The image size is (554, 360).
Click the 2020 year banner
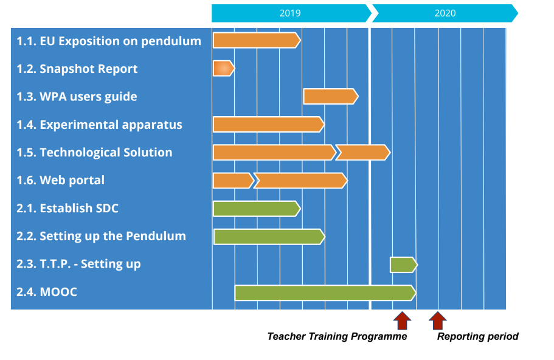click(445, 13)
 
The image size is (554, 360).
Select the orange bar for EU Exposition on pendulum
click(257, 40)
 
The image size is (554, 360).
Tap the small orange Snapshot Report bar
click(224, 68)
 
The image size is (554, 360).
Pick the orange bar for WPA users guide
click(331, 97)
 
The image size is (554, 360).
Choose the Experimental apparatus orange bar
click(269, 124)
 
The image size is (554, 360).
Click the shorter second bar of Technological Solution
click(363, 152)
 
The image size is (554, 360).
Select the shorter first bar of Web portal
click(234, 181)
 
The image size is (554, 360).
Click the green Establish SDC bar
click(257, 209)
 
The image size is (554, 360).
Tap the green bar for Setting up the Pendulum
click(269, 237)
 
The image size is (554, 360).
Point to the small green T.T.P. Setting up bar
click(404, 265)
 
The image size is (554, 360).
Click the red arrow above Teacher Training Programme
click(402, 320)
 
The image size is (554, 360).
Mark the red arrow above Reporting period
click(438, 320)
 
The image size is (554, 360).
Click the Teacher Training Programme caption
click(337, 336)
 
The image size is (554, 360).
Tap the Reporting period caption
click(478, 336)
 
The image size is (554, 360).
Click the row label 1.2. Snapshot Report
click(77, 69)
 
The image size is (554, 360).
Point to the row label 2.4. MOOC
click(47, 292)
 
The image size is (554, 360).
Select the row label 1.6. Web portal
click(60, 181)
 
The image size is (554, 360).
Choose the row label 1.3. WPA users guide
click(77, 97)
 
